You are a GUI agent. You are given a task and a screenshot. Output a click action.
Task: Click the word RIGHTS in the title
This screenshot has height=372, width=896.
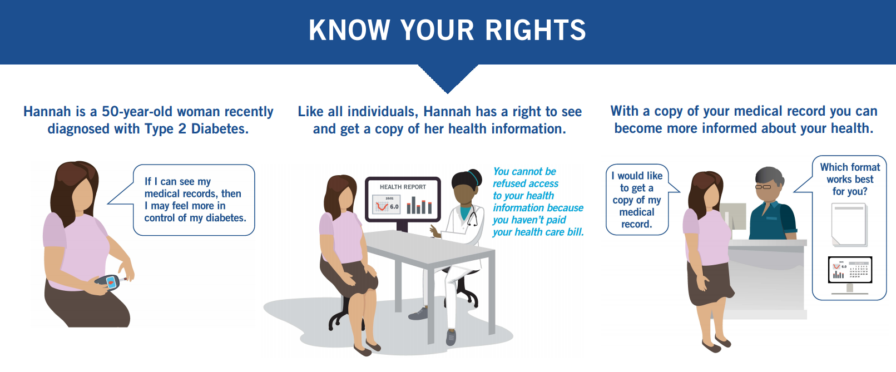point(536,31)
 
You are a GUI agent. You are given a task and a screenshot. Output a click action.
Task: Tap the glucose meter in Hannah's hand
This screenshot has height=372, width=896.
point(111,281)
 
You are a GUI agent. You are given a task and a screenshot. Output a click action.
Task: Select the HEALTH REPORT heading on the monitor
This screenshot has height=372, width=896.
point(403,187)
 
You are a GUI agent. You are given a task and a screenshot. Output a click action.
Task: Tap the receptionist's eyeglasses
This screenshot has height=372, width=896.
point(763,187)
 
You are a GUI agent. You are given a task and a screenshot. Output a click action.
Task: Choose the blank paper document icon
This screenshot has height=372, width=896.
point(849,224)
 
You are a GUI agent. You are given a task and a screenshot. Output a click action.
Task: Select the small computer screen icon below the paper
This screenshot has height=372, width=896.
point(850,270)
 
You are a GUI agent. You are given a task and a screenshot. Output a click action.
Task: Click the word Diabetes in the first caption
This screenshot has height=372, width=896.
point(220,129)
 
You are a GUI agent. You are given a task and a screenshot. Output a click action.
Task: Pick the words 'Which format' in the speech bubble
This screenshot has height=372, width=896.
point(850,167)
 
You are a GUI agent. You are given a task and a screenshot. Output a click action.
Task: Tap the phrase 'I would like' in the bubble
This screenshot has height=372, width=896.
point(637,176)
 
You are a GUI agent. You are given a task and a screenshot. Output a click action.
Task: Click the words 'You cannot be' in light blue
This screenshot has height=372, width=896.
point(524,172)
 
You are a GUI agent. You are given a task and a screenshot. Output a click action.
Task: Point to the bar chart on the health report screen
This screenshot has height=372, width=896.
point(419,205)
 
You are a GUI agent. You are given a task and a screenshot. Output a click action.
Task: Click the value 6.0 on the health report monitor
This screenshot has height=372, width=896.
point(394,207)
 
